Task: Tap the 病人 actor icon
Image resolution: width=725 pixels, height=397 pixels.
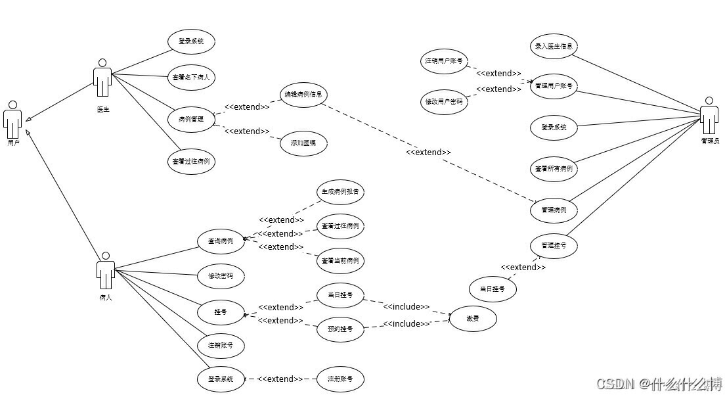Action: tap(105, 270)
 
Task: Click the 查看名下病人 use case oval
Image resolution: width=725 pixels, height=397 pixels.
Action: tap(191, 76)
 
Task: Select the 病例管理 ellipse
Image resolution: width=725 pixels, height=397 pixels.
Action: tap(191, 120)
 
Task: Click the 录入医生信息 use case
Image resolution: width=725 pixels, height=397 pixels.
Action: tap(554, 46)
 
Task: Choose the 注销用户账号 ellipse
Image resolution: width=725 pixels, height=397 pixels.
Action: tap(444, 61)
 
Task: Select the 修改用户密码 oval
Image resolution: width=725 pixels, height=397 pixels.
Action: tap(444, 102)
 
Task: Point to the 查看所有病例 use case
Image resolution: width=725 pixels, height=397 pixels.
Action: tap(554, 168)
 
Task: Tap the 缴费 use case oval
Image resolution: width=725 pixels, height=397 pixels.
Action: tap(472, 319)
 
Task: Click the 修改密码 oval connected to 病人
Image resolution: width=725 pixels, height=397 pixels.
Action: tap(221, 276)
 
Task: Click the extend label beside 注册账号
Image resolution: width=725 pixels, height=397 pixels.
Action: tap(280, 379)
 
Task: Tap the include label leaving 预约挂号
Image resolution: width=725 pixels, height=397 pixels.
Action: tap(406, 323)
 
